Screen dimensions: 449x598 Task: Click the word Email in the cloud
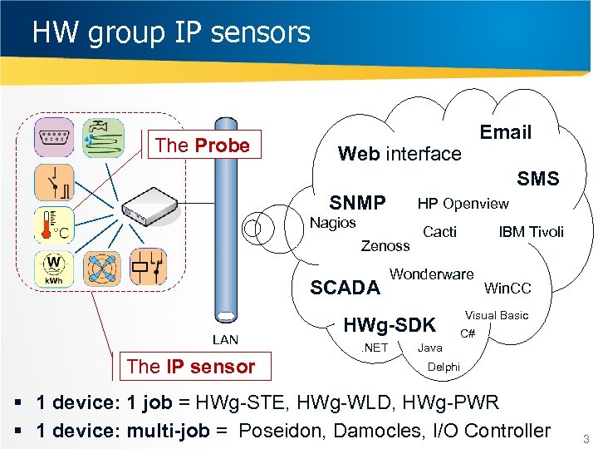[x=505, y=132]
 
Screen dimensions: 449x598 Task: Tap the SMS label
[x=537, y=179]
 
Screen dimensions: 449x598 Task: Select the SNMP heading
[x=357, y=203]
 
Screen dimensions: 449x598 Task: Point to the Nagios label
[x=332, y=223]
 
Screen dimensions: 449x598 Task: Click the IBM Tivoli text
[x=531, y=232]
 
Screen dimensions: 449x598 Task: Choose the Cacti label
[x=439, y=232]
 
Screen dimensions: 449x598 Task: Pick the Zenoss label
[x=385, y=245]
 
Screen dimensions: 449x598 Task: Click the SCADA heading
[x=345, y=288]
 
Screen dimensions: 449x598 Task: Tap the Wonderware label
[x=431, y=274]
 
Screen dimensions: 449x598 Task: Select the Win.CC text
[x=507, y=289]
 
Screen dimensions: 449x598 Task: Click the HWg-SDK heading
[x=390, y=324]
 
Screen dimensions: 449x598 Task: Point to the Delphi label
[x=443, y=367]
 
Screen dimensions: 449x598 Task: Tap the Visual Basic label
[x=496, y=316]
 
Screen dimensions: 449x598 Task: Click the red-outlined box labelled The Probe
[x=202, y=146]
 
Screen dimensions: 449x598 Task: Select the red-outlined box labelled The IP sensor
[x=190, y=367]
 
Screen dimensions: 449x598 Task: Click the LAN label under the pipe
[x=225, y=339]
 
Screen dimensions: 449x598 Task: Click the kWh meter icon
[x=54, y=268]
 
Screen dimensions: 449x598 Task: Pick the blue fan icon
[x=103, y=268]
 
